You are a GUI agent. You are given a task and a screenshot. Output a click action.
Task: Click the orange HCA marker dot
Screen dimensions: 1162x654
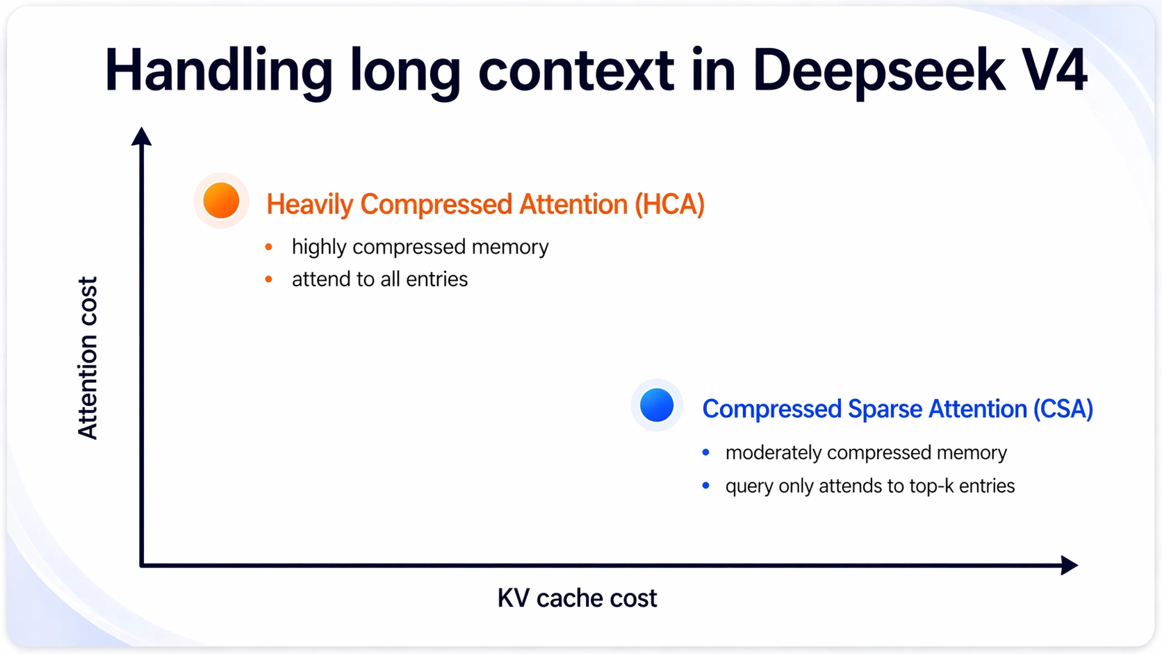pyautogui.click(x=222, y=200)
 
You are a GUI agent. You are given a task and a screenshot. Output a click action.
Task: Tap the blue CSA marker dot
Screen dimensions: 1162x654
pyautogui.click(x=657, y=405)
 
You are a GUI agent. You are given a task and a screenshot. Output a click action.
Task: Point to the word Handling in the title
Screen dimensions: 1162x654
pyautogui.click(x=218, y=72)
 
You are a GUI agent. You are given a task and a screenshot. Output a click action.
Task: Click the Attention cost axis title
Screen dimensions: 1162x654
pyautogui.click(x=87, y=358)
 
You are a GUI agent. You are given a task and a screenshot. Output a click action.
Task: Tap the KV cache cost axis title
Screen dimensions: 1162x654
pyautogui.click(x=577, y=598)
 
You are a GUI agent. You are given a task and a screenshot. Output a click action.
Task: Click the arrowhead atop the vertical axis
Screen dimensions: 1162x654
pyautogui.click(x=141, y=136)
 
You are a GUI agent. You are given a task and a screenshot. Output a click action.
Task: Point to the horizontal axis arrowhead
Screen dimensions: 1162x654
pyautogui.click(x=1070, y=565)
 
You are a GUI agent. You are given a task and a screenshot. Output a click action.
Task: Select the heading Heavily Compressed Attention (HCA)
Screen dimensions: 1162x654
pyautogui.click(x=486, y=204)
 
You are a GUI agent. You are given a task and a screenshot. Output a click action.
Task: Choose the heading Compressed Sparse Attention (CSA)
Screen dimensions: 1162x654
pyautogui.click(x=897, y=409)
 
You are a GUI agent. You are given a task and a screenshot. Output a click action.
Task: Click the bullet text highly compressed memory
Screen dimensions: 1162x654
pyautogui.click(x=420, y=247)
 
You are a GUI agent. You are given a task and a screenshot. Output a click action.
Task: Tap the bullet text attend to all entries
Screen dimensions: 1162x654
pyautogui.click(x=379, y=279)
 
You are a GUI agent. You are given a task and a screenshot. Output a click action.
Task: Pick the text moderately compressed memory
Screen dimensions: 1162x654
pyautogui.click(x=867, y=452)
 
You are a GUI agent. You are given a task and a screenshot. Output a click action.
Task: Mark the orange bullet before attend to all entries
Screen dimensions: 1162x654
pyautogui.click(x=269, y=279)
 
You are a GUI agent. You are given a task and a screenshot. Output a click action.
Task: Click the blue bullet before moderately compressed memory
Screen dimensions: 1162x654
pyautogui.click(x=706, y=452)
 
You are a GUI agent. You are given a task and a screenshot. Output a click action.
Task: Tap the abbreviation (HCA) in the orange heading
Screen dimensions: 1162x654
pyautogui.click(x=670, y=204)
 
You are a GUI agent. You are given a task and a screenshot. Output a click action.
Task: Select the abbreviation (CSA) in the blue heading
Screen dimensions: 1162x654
pyautogui.click(x=1063, y=409)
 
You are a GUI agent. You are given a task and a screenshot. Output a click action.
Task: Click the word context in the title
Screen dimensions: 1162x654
pyautogui.click(x=576, y=72)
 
